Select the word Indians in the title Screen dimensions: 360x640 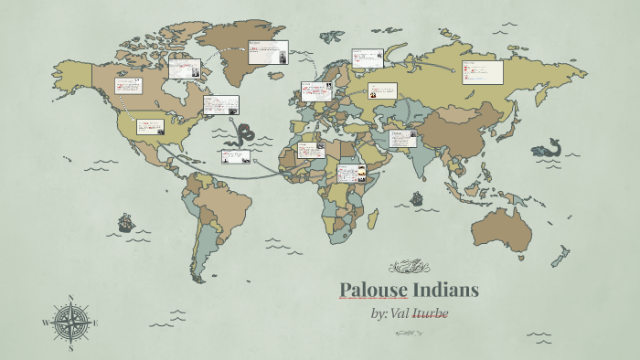tap(443, 291)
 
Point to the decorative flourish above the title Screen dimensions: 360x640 tap(409, 267)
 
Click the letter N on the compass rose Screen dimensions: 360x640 tap(71, 298)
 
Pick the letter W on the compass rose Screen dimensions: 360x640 tap(46, 323)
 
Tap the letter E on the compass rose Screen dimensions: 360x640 tap(96, 323)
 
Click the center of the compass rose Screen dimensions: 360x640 tap(71, 323)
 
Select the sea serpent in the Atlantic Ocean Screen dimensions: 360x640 tap(243, 135)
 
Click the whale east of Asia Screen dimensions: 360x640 tap(549, 147)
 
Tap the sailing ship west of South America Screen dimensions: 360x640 tap(125, 222)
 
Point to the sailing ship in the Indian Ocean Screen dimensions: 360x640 tap(416, 197)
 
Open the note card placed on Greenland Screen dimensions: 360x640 tap(268, 51)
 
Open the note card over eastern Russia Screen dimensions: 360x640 tap(482, 71)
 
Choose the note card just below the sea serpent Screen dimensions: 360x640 tap(235, 156)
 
